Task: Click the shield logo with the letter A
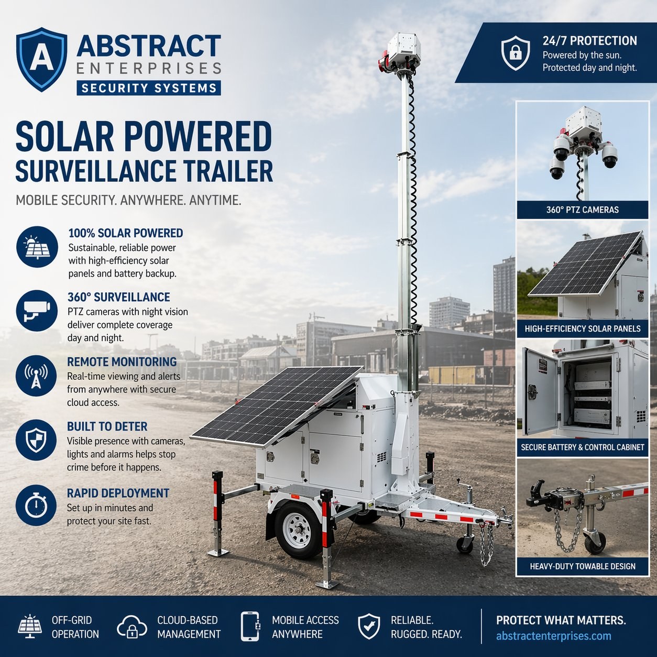click(x=41, y=59)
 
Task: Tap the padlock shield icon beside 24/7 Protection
click(x=516, y=53)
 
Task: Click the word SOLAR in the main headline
click(x=64, y=137)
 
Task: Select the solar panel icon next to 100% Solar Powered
click(x=36, y=247)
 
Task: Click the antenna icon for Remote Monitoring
click(x=36, y=376)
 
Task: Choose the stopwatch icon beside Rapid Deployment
click(x=36, y=505)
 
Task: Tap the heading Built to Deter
click(x=107, y=426)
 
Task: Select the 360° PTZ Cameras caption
click(x=582, y=210)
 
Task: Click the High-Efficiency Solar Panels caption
click(x=582, y=329)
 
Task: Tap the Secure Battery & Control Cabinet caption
click(x=582, y=447)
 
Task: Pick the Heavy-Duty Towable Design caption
click(x=582, y=566)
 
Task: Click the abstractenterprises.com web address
click(x=553, y=636)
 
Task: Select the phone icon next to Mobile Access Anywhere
click(x=250, y=627)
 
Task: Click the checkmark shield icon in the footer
click(x=369, y=627)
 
